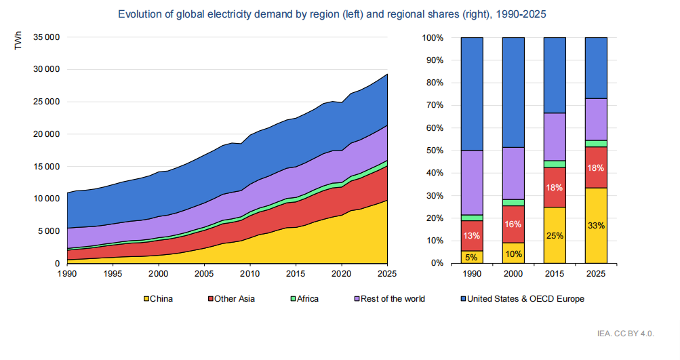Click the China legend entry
[158, 298]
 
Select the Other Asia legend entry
[230, 298]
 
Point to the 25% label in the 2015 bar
[555, 235]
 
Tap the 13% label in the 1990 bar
[472, 236]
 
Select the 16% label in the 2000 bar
[513, 224]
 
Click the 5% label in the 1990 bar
[472, 257]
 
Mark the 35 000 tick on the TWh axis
[47, 37]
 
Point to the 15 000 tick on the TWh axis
[47, 166]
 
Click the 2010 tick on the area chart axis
[250, 274]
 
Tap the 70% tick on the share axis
[433, 105]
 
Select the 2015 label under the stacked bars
[555, 274]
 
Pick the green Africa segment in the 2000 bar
[513, 202]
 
